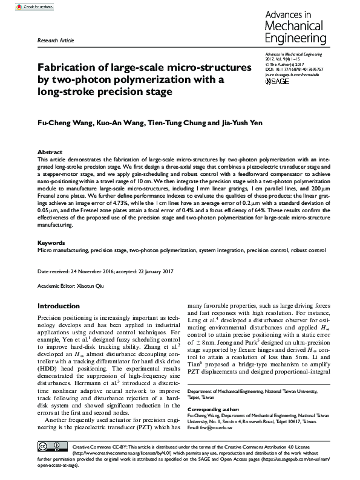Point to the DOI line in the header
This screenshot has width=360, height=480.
pyautogui.click(x=295, y=70)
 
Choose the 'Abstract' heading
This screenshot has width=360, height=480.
pyautogui.click(x=50, y=152)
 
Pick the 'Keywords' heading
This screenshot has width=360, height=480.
pyautogui.click(x=51, y=242)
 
